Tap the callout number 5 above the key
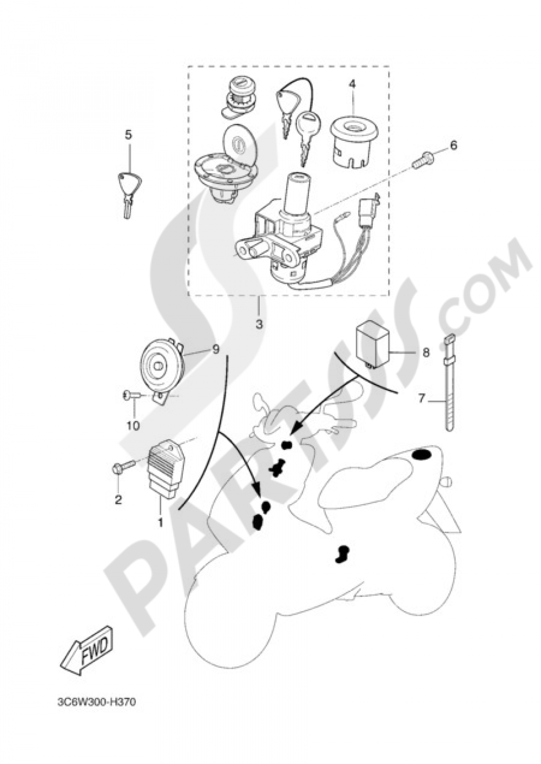128,135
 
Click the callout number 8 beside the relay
426,352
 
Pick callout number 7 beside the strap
422,399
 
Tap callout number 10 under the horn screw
134,426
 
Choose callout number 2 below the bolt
118,500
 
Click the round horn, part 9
163,367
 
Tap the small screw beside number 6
423,161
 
